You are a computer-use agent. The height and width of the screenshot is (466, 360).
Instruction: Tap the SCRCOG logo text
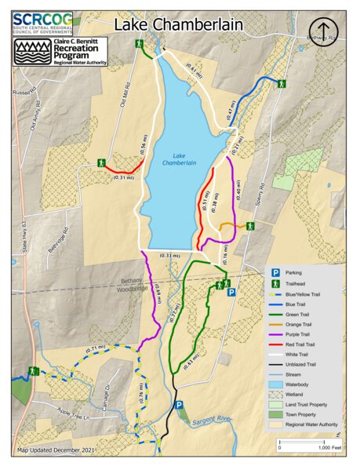coord(43,18)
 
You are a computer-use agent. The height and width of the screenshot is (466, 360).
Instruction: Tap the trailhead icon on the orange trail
coord(249,226)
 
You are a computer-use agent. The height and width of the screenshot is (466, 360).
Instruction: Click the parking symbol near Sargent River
coord(179,405)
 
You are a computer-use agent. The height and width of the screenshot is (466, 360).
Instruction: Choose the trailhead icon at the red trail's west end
coord(100,162)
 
